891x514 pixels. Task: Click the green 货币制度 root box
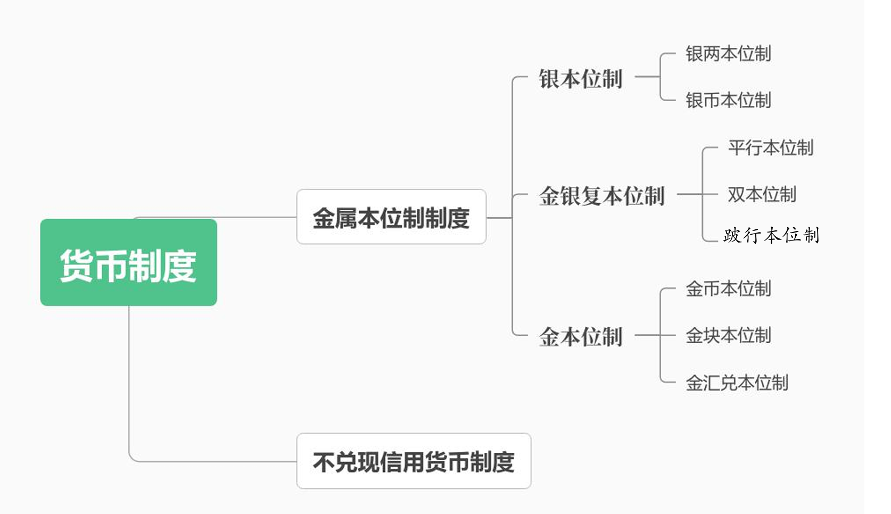click(x=128, y=262)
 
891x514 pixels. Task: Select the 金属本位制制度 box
click(x=391, y=217)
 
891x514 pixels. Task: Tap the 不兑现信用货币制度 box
click(x=414, y=461)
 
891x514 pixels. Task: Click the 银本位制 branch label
click(x=580, y=79)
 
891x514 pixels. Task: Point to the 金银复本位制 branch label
click(x=601, y=195)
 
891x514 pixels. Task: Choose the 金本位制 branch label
click(x=580, y=336)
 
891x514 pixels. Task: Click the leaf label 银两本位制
click(x=728, y=54)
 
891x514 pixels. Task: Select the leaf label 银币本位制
click(x=728, y=100)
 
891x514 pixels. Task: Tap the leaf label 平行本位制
click(x=770, y=147)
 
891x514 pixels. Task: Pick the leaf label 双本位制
click(x=762, y=194)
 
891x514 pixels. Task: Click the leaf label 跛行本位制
click(x=771, y=235)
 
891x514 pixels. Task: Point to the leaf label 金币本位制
click(x=728, y=289)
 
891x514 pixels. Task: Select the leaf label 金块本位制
click(x=728, y=335)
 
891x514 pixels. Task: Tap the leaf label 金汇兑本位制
click(x=736, y=383)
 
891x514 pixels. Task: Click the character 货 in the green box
click(x=76, y=265)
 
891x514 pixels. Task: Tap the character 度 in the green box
click(x=179, y=265)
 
